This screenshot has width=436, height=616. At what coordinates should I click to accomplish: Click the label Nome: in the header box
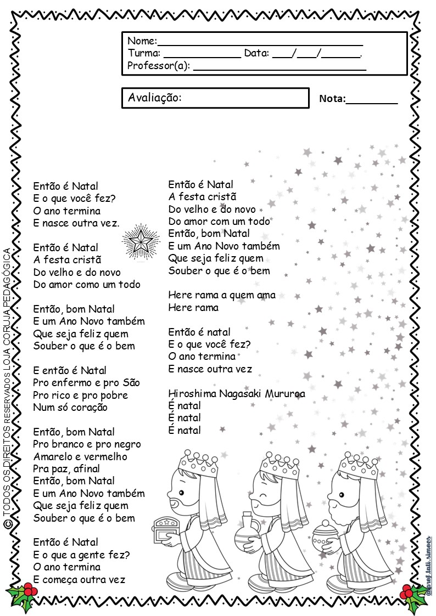pos(142,41)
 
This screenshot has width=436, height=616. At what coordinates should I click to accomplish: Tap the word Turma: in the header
pos(144,53)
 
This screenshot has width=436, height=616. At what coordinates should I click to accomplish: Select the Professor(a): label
pos(159,66)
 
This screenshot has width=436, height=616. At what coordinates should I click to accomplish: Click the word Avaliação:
pos(154,98)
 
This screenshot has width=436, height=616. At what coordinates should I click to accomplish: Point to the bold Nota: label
pos(332,99)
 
